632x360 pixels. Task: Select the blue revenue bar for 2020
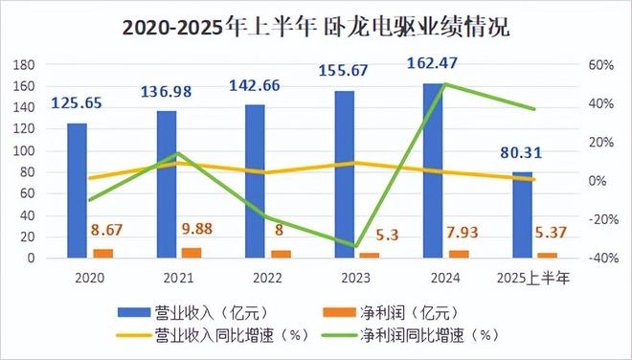pos(77,191)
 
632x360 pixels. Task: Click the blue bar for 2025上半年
pos(522,214)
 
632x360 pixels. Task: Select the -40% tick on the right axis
pos(597,259)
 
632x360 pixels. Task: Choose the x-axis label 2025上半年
pos(536,280)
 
